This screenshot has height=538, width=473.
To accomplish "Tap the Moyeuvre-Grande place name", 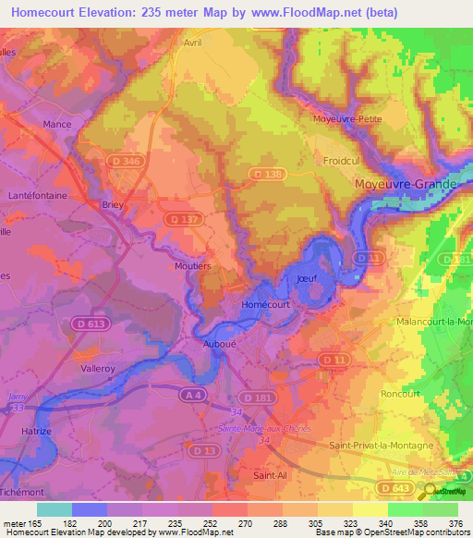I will point(406,184).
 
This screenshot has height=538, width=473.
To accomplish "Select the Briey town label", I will point(113,205).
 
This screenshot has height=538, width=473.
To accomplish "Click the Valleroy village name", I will point(99,366).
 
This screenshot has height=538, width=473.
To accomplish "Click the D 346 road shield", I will point(131,161).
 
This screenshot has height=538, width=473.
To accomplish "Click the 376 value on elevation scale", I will point(454,524).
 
